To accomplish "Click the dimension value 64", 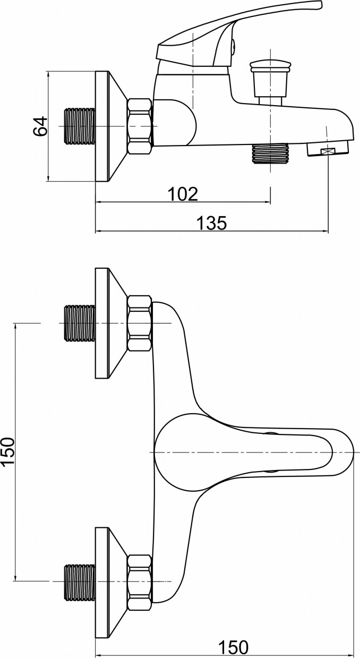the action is [x=40, y=126].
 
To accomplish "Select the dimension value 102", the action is [x=183, y=194].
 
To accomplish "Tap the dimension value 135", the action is [x=211, y=223].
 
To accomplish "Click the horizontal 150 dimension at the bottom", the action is [x=233, y=646].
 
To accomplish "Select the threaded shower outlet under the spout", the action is [x=270, y=153].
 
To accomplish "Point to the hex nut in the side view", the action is [x=140, y=126].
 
